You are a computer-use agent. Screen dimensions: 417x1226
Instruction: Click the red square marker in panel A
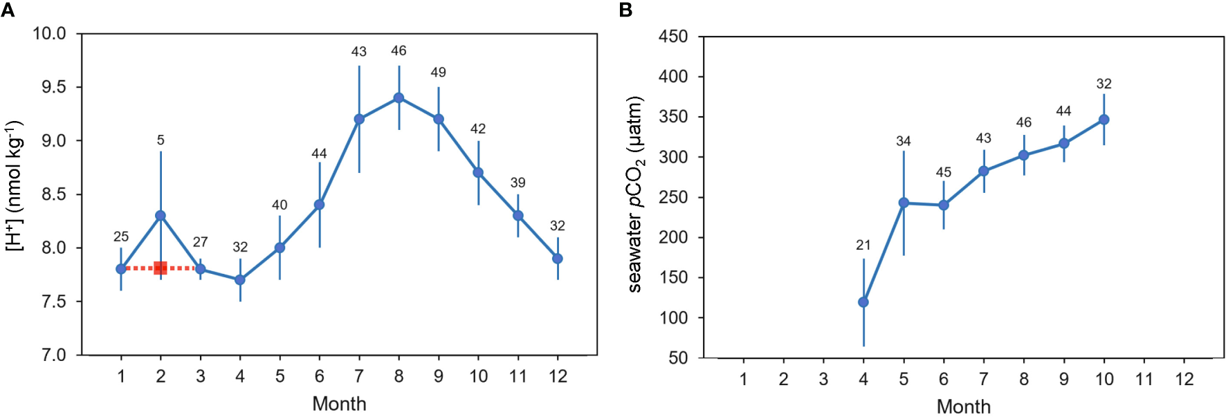click(161, 268)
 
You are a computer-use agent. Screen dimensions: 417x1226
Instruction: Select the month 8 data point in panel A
click(399, 98)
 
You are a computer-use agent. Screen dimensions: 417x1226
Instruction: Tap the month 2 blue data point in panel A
click(161, 216)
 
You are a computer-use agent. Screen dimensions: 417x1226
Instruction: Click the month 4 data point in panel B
click(863, 302)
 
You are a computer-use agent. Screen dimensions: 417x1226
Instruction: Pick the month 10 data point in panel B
click(1104, 120)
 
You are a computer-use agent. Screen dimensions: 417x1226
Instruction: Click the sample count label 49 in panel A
click(438, 72)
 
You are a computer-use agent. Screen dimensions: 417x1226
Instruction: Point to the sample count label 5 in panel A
click(161, 140)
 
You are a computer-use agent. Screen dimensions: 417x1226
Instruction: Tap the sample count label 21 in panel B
click(863, 245)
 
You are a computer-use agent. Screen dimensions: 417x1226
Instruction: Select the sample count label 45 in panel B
click(944, 172)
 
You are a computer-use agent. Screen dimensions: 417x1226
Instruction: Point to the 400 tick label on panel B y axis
click(673, 77)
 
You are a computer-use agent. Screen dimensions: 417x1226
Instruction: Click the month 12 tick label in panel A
click(558, 377)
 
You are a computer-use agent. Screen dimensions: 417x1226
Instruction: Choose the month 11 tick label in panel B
click(1144, 380)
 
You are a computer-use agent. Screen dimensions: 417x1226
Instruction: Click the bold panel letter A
click(8, 10)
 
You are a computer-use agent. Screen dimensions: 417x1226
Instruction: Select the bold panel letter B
click(626, 10)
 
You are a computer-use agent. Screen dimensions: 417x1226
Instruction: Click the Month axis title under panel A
click(339, 404)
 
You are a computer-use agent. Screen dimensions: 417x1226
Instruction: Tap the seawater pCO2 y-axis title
click(635, 194)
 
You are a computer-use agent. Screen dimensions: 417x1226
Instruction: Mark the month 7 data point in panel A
click(359, 119)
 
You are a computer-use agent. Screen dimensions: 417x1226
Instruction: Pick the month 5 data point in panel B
click(904, 203)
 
